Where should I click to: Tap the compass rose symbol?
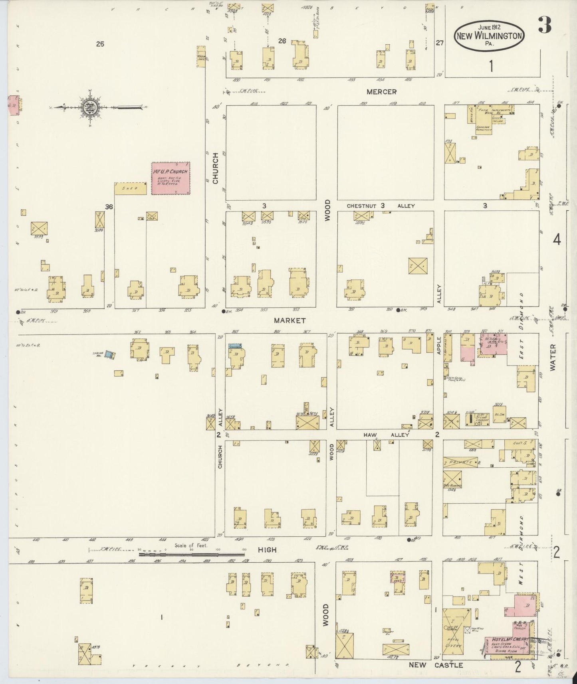click(88, 107)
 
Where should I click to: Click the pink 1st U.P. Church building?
click(171, 178)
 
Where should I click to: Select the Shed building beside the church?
click(131, 188)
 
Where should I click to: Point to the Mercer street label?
click(382, 92)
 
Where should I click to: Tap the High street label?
click(267, 550)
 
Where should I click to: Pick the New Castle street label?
click(436, 665)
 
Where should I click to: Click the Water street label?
click(553, 358)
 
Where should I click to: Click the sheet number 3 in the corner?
click(544, 25)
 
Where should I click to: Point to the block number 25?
click(100, 44)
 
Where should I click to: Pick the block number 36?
click(109, 206)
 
